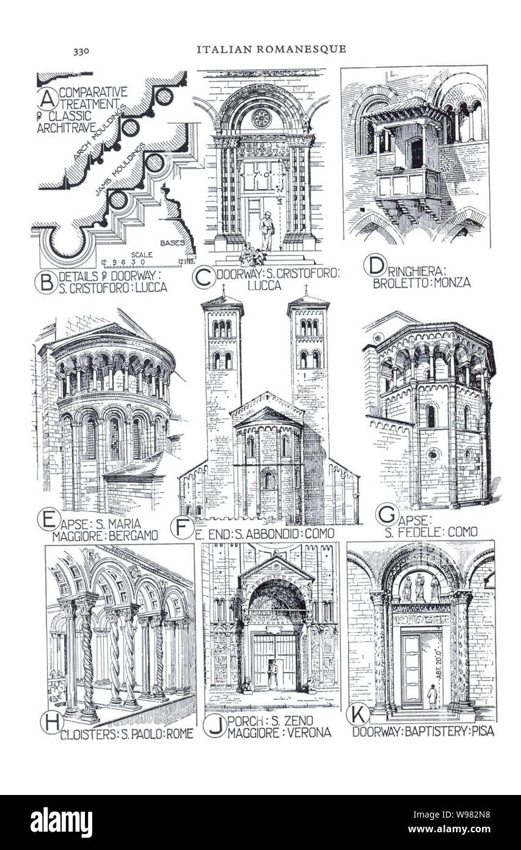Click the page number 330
(x=81, y=51)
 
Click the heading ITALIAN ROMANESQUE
(x=271, y=50)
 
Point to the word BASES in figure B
(x=172, y=243)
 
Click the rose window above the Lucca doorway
(x=261, y=119)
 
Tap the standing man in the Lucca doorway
(x=266, y=231)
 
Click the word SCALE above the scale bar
(x=142, y=255)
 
